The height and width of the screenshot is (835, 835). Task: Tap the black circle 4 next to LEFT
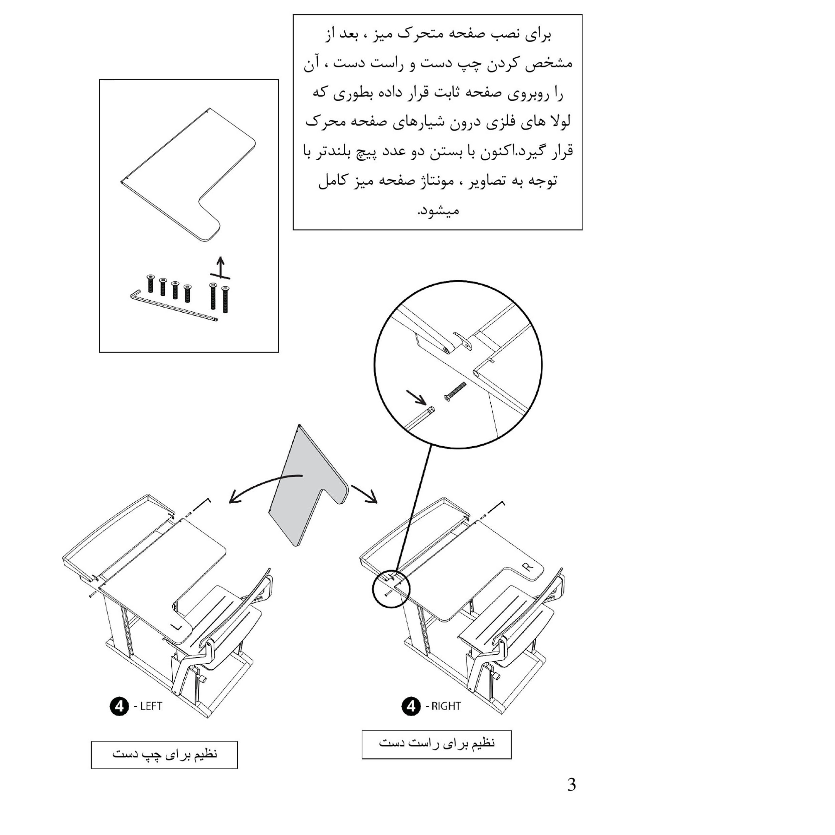click(x=119, y=706)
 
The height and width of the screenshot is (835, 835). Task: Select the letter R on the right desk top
click(x=528, y=566)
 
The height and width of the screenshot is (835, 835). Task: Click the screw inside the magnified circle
click(x=455, y=391)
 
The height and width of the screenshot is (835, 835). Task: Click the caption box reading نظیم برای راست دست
click(x=436, y=744)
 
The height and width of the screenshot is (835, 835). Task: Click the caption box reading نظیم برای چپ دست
click(x=164, y=755)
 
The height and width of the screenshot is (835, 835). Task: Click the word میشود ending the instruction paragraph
click(x=438, y=210)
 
